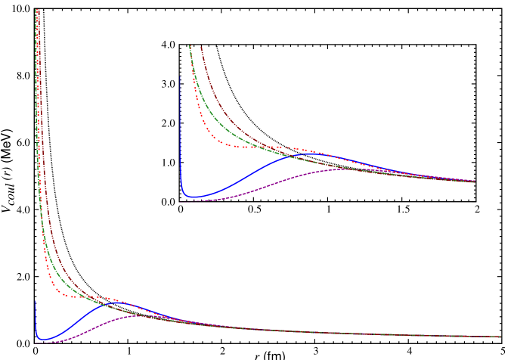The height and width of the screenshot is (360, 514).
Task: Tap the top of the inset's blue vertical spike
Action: click(x=180, y=76)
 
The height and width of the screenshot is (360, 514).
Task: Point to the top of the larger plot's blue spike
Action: click(x=35, y=301)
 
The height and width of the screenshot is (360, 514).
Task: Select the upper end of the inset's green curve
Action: click(x=190, y=46)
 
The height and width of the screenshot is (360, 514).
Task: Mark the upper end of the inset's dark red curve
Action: click(x=201, y=47)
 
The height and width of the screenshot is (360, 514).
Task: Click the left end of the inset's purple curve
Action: click(x=181, y=201)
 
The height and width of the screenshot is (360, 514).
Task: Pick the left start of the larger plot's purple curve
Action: click(x=36, y=343)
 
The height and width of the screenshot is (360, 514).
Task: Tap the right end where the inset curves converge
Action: click(x=475, y=182)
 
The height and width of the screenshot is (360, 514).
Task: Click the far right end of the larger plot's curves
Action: click(x=500, y=337)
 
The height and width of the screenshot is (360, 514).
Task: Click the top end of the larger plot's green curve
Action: click(x=36, y=9)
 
